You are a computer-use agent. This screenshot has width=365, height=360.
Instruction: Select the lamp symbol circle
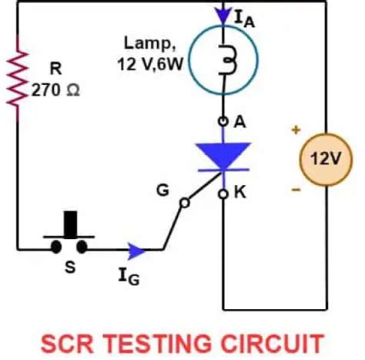pyautogui.click(x=224, y=62)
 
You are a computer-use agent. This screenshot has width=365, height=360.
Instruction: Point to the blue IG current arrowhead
pyautogui.click(x=137, y=249)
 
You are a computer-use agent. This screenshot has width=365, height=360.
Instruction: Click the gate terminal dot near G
pyautogui.click(x=182, y=204)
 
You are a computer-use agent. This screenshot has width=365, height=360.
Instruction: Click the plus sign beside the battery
pyautogui.click(x=295, y=130)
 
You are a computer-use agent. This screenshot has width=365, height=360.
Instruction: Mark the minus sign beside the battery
pyautogui.click(x=295, y=188)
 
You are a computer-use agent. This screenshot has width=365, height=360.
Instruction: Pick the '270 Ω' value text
pyautogui.click(x=55, y=89)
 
